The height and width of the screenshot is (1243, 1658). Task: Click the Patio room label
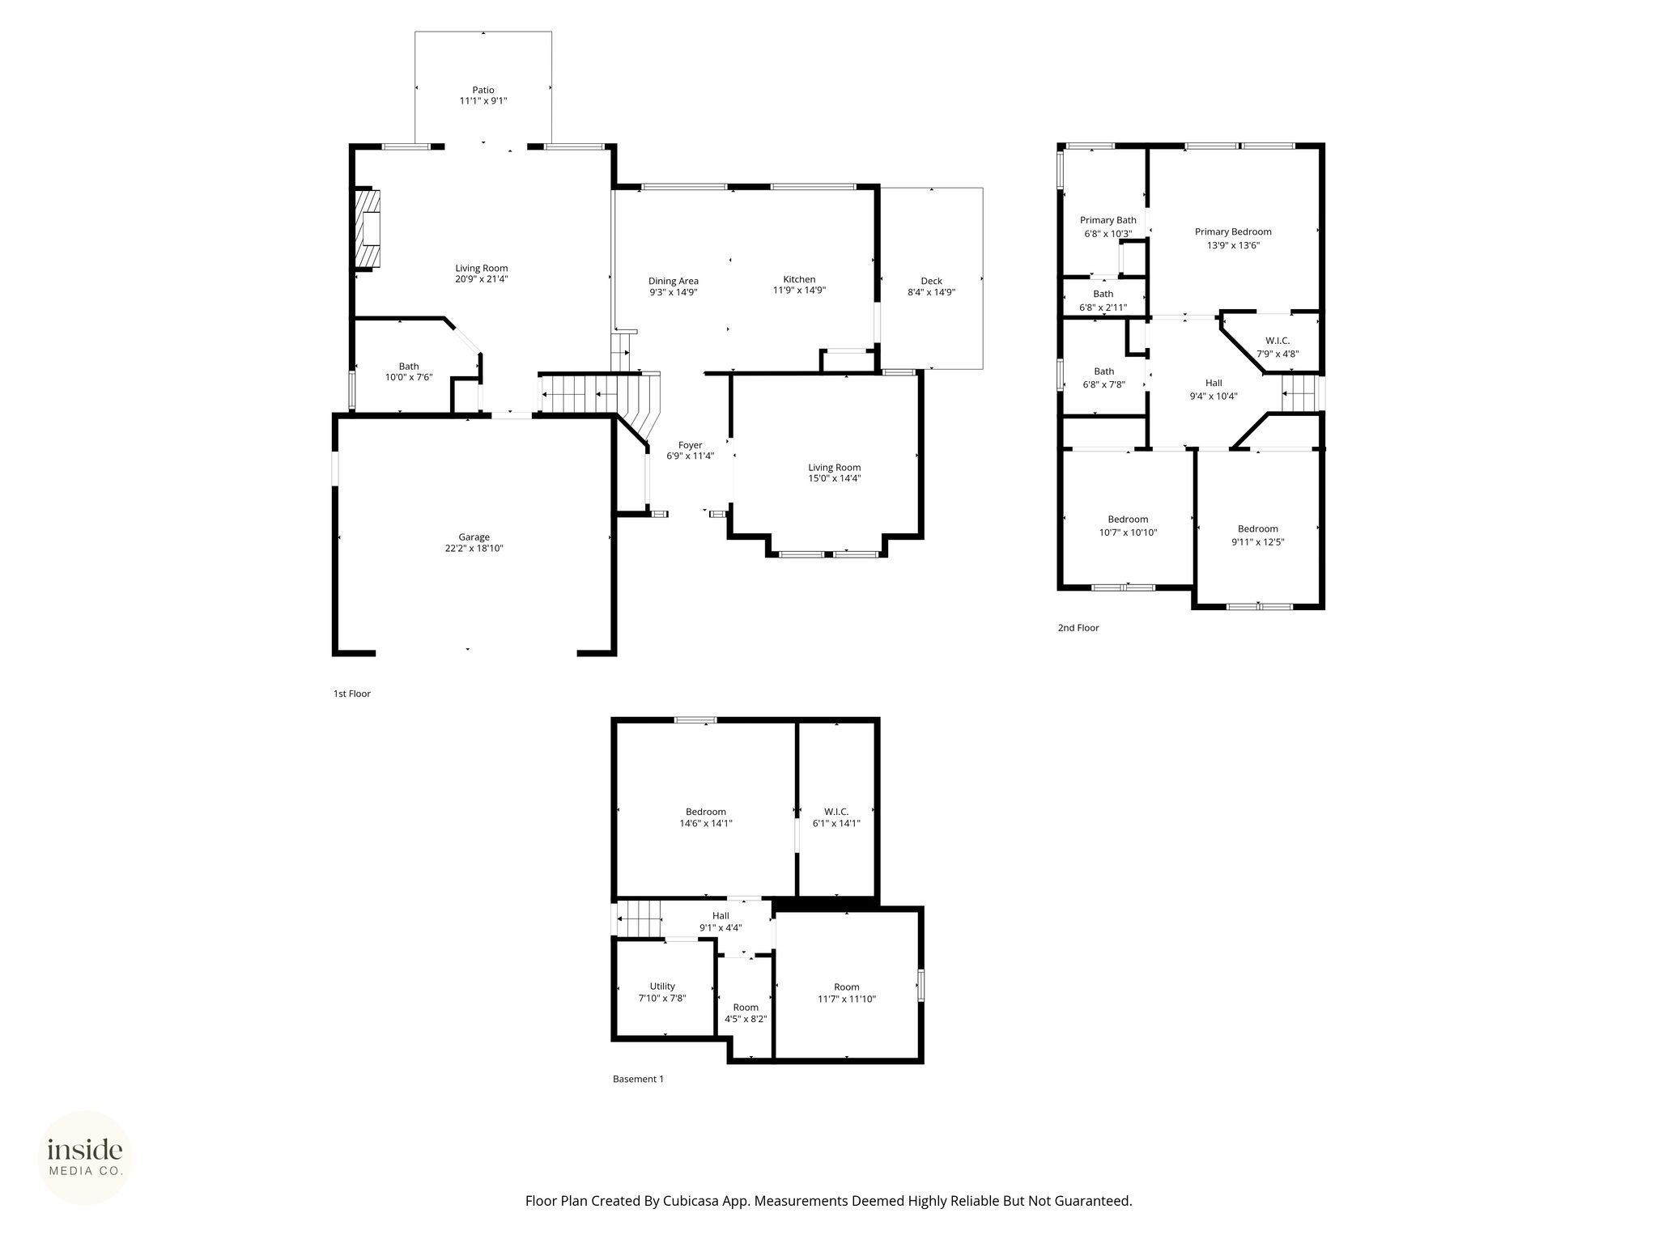point(483,90)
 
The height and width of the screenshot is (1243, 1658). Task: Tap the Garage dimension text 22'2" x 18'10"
point(474,548)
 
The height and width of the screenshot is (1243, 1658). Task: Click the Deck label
point(932,281)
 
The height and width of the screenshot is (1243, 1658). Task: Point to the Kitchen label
point(799,279)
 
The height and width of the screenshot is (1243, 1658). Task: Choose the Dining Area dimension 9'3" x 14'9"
point(674,292)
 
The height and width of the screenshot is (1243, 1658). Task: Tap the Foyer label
point(691,445)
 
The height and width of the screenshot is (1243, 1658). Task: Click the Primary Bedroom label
point(1233,232)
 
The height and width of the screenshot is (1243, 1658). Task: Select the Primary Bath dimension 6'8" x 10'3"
point(1108,234)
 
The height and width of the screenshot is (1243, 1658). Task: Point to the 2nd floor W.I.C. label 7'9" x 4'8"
point(1278,354)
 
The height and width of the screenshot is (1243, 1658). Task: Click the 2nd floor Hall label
point(1214,383)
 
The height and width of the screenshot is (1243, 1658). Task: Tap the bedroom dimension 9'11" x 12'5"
point(1258,542)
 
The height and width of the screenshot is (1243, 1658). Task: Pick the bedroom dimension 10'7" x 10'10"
point(1129,532)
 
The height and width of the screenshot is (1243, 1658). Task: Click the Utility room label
point(662,986)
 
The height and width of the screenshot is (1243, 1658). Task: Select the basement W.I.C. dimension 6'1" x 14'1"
point(836,823)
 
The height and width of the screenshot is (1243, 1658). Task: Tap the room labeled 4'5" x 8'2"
point(746,1019)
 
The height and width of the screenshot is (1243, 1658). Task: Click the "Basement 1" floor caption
point(638,1079)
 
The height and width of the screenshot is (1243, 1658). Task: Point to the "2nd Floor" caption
point(1078,627)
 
